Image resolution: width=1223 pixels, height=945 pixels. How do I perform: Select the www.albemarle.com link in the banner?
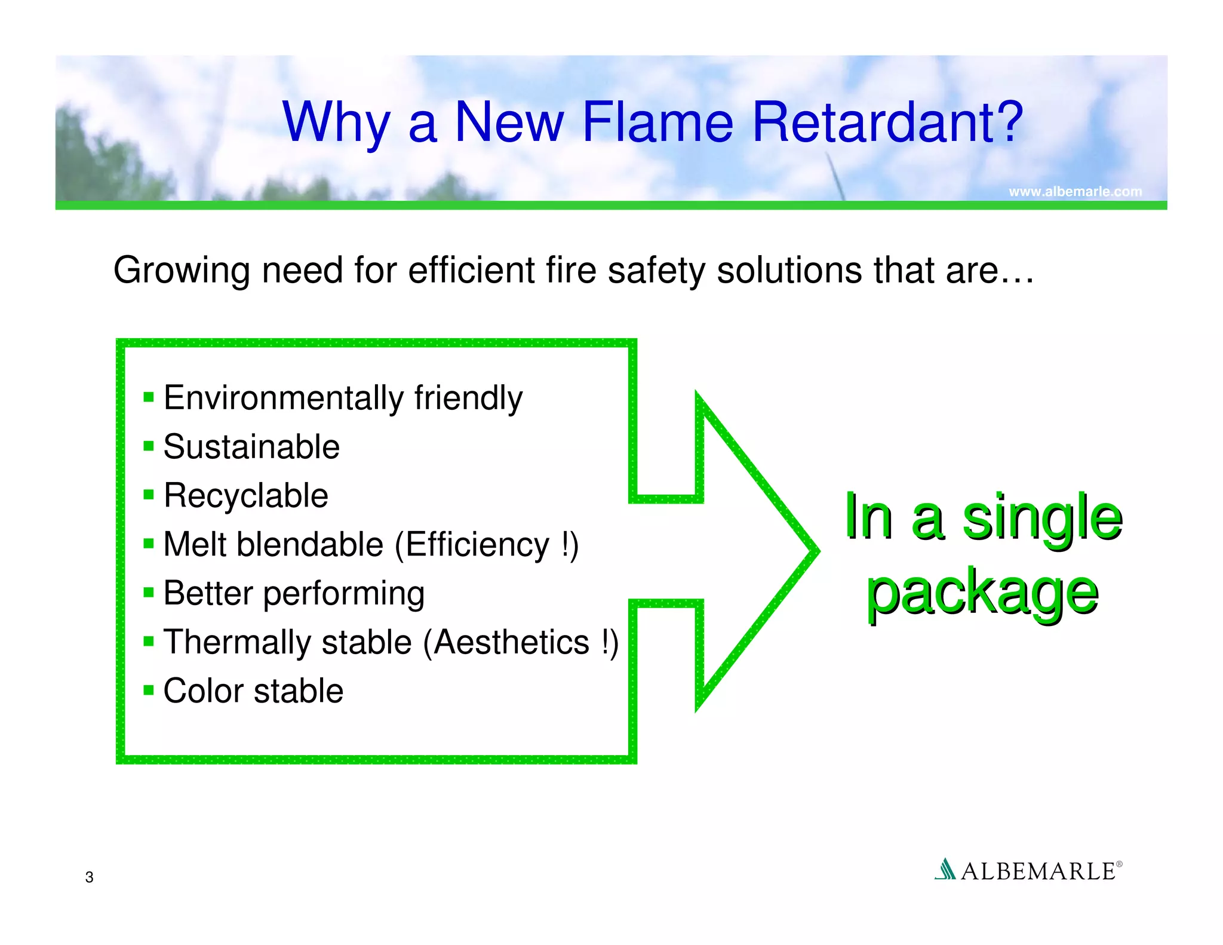point(1075,192)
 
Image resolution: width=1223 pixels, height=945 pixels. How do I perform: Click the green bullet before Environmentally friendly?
point(149,397)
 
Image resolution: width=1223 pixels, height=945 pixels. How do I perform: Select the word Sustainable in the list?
point(251,447)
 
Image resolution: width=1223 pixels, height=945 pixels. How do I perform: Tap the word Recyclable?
point(245,496)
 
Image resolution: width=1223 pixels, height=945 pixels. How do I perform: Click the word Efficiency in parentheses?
point(477,545)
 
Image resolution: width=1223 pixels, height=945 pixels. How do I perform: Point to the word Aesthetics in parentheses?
point(511,643)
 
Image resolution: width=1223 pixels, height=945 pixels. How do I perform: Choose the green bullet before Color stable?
point(149,691)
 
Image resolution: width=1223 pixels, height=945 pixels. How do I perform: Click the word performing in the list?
point(344,594)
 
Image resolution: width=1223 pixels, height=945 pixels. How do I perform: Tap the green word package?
point(982,593)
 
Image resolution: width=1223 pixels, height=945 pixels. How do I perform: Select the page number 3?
point(89,877)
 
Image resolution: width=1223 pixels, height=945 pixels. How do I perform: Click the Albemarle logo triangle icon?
point(945,869)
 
